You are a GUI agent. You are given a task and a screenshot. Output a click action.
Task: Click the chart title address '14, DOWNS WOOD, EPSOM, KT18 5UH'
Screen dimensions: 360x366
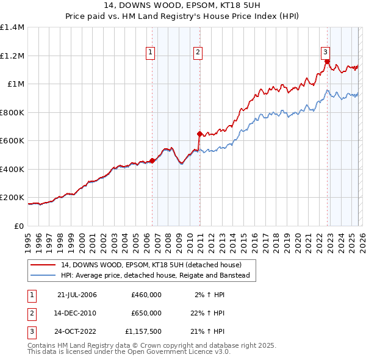[182, 6]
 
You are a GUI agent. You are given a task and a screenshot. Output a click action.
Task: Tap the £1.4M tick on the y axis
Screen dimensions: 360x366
[12, 27]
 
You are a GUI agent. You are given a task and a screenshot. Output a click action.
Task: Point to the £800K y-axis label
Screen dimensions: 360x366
[12, 112]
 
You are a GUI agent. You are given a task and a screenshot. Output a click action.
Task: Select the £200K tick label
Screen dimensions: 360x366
[12, 198]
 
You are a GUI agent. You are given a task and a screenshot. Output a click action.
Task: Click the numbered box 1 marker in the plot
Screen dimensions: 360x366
[151, 53]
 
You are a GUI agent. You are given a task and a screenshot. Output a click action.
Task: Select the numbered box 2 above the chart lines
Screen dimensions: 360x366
[198, 53]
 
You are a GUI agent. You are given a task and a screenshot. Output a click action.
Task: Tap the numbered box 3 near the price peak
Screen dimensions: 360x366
[326, 52]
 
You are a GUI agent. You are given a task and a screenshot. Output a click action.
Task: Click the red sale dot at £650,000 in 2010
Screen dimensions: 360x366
[199, 134]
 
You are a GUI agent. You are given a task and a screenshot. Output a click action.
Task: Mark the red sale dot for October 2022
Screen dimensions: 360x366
[327, 62]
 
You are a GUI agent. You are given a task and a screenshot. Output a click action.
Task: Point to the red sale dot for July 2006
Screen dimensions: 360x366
[152, 160]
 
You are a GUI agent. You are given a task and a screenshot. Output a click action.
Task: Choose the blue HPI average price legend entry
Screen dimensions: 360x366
[156, 275]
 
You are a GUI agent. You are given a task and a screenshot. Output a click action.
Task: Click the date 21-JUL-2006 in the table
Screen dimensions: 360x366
[76, 295]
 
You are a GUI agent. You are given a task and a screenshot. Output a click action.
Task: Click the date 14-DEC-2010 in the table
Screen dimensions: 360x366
[76, 312]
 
